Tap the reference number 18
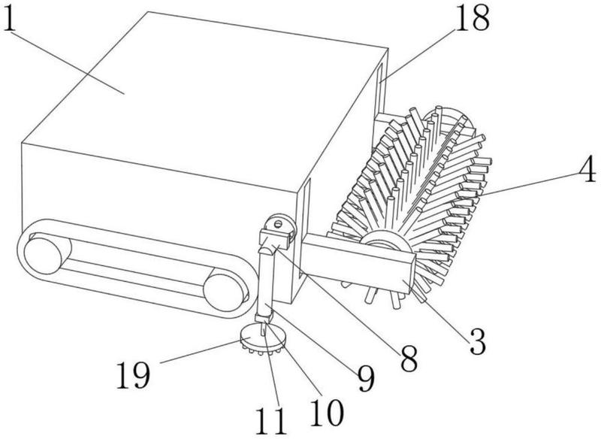coord(473,17)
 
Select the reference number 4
coord(587,169)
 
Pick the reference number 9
coord(366,377)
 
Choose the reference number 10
coord(327,412)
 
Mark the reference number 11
coord(271,421)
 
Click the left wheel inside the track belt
coord(43,256)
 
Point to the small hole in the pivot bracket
coord(278,223)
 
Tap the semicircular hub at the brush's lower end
coord(385,241)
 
